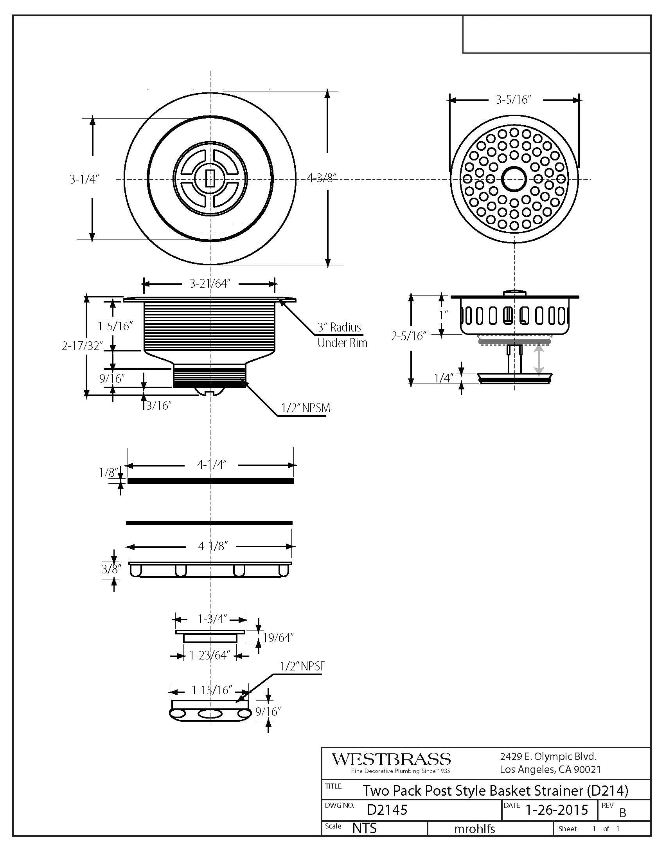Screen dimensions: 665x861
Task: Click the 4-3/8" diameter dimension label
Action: coord(322,178)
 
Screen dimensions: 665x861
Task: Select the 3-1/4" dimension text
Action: coord(84,179)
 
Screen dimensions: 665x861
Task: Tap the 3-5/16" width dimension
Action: coord(514,99)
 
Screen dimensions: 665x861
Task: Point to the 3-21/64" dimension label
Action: coord(210,283)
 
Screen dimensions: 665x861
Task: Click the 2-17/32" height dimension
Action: coord(82,346)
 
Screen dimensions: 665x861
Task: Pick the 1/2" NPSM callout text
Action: coord(306,408)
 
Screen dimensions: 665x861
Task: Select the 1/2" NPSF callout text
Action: coord(302,666)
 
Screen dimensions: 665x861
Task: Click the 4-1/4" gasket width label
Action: coord(212,465)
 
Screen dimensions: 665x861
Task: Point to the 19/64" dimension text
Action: coord(279,638)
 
